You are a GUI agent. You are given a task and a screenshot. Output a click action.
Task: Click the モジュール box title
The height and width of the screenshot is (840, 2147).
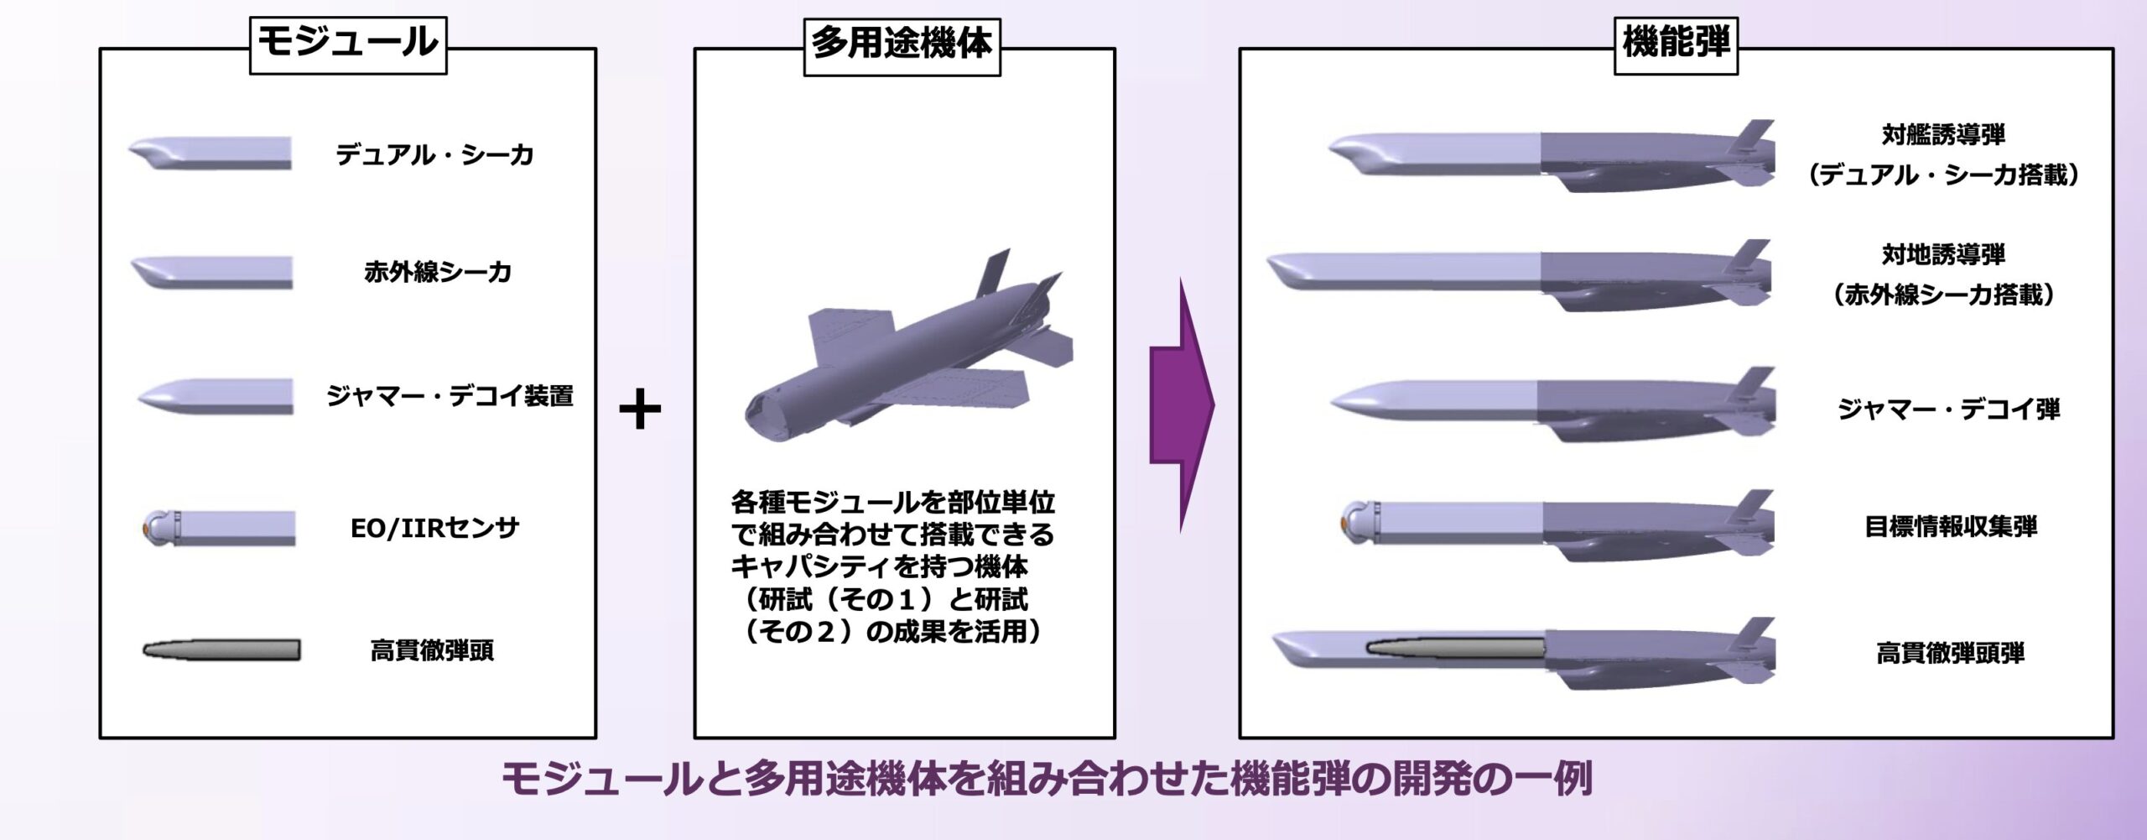tap(348, 43)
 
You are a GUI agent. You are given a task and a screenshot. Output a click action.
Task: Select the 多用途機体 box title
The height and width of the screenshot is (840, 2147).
tap(902, 44)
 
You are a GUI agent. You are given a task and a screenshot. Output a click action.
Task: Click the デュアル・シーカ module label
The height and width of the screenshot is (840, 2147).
tap(434, 154)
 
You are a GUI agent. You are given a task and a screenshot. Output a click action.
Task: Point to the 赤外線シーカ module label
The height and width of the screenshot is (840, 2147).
tap(438, 272)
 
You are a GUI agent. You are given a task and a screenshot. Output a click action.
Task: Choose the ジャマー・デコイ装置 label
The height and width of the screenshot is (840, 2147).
tap(450, 395)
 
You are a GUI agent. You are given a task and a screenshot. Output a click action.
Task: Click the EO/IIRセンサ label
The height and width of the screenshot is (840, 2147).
tap(434, 528)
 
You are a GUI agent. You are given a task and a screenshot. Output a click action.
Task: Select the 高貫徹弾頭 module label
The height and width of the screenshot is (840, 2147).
tap(432, 650)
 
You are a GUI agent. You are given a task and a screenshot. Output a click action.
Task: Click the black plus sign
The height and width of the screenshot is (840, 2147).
tap(640, 410)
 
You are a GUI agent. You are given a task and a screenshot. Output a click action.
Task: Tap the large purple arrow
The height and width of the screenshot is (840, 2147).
tap(1181, 404)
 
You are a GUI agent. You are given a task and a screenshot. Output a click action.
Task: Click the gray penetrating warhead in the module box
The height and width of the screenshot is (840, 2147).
tap(221, 650)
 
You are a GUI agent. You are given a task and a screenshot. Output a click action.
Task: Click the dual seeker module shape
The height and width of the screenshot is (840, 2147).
tap(210, 153)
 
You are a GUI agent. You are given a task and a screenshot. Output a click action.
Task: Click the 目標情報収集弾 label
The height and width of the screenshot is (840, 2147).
tap(1951, 526)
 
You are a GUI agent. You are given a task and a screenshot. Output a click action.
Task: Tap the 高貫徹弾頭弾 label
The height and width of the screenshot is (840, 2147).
tap(1951, 652)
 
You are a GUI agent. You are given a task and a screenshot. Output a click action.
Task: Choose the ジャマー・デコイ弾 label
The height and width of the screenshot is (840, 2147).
tap(1949, 409)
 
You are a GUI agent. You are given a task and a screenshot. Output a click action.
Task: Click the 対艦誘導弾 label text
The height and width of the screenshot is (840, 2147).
tap(1943, 134)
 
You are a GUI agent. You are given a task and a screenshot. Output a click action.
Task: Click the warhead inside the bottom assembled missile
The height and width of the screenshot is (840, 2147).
tap(1455, 647)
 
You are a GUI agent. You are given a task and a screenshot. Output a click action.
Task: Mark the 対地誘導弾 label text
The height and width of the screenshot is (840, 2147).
tap(1943, 253)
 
